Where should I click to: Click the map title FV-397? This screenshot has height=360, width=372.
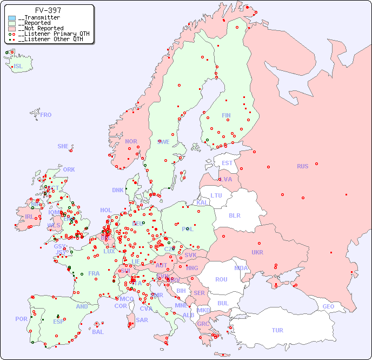(48, 10)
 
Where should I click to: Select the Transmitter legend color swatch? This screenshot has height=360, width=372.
(12, 18)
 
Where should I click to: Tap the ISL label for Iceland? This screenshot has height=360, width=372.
(18, 67)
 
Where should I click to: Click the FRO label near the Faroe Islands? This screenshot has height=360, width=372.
(46, 115)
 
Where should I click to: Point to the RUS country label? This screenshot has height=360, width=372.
(302, 166)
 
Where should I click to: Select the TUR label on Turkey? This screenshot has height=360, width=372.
(277, 330)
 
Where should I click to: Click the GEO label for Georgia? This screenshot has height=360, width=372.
(328, 306)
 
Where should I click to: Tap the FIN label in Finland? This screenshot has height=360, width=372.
(226, 115)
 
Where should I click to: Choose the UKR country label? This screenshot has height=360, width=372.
(257, 252)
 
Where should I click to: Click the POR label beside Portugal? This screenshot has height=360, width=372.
(21, 319)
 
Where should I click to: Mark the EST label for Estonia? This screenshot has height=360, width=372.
(227, 163)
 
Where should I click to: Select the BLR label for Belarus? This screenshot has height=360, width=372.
(234, 215)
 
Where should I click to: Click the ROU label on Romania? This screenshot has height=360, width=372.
(221, 279)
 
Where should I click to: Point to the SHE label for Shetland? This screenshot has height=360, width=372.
(63, 146)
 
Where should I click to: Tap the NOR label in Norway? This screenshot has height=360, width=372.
(131, 141)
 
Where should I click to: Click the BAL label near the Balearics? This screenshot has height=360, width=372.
(97, 332)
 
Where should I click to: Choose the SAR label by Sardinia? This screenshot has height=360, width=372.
(142, 320)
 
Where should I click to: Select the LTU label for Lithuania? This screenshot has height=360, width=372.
(216, 195)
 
